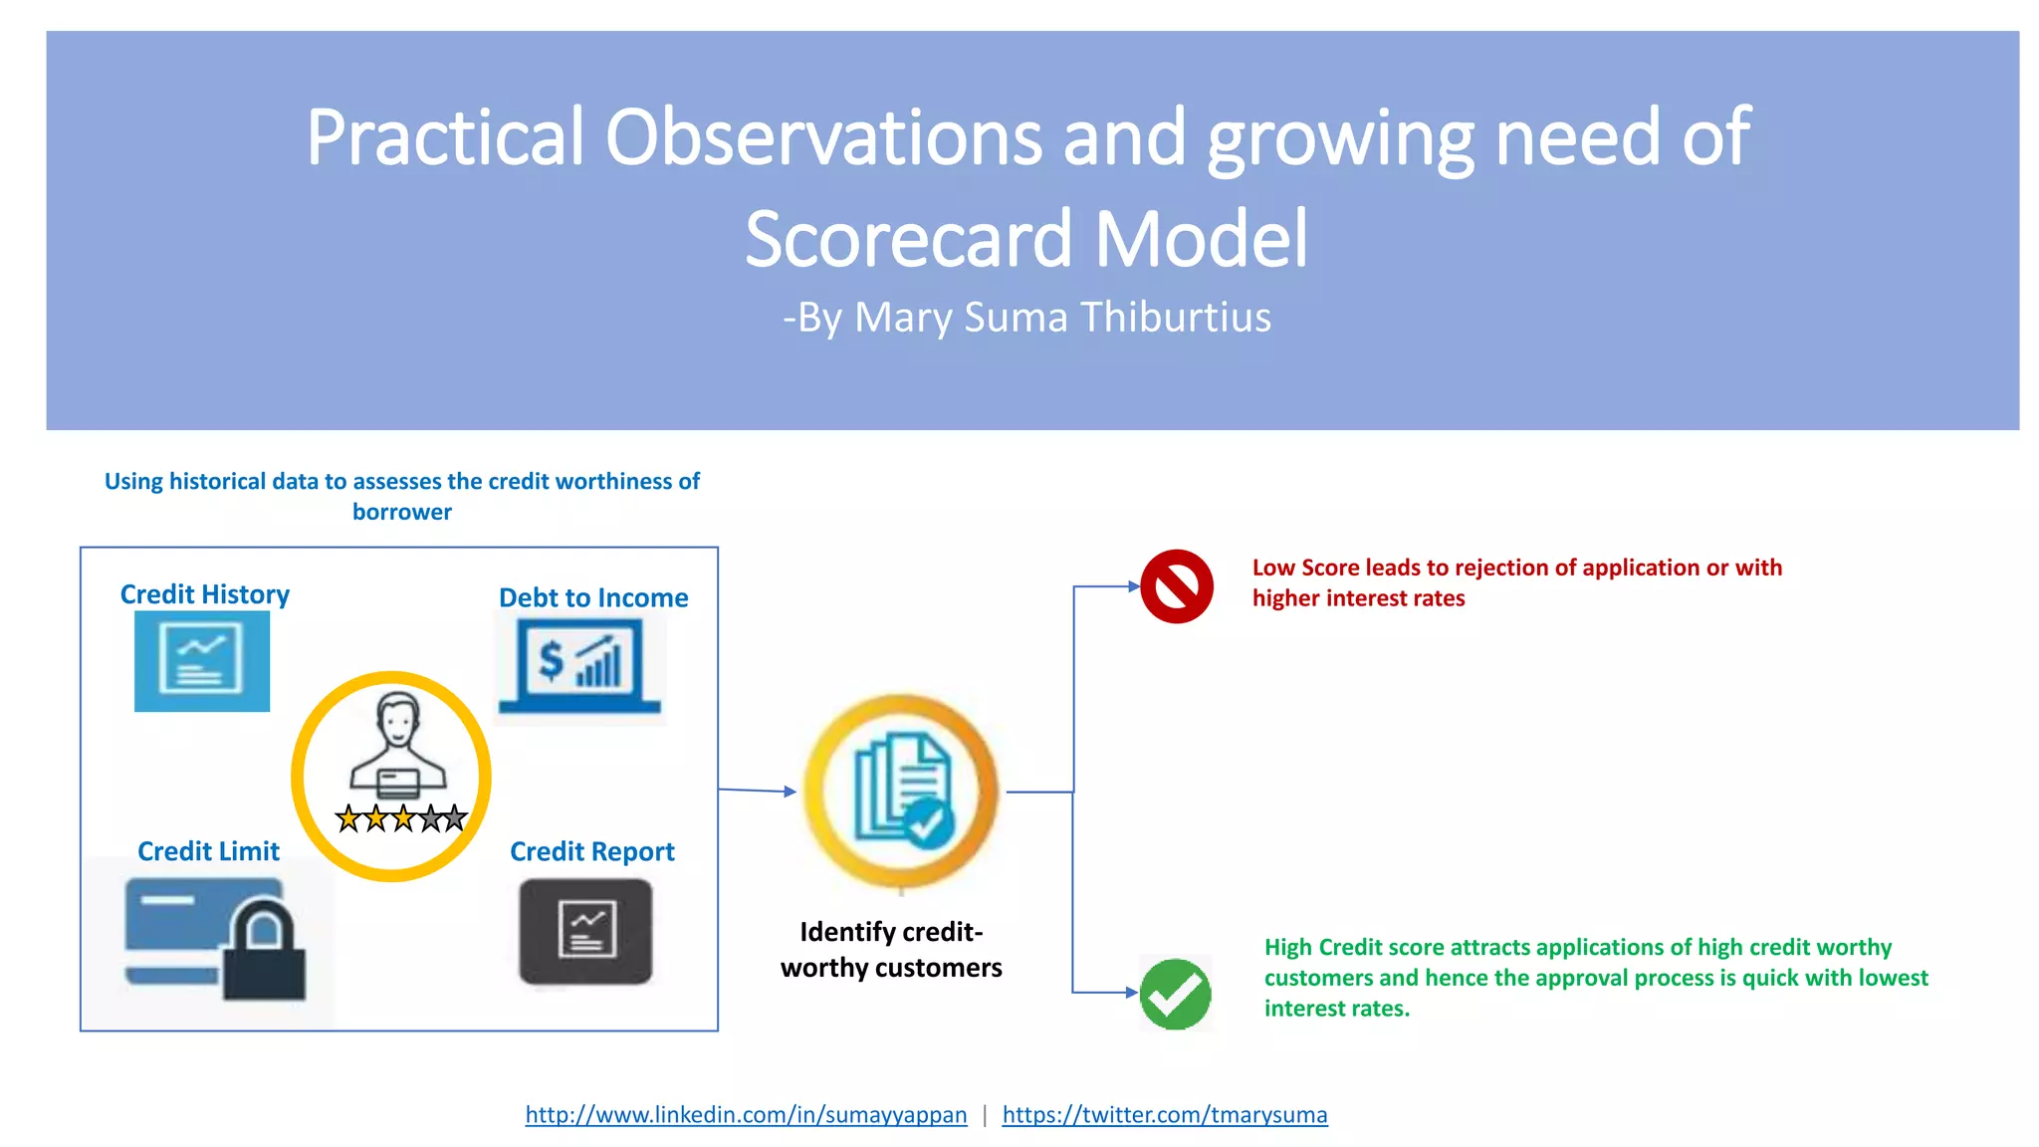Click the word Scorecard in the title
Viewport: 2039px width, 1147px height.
click(x=908, y=240)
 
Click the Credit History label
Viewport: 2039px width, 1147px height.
click(x=205, y=594)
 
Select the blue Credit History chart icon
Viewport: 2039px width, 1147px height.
click(x=202, y=661)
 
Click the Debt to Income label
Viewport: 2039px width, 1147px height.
click(x=593, y=597)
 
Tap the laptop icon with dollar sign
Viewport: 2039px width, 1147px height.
click(x=579, y=665)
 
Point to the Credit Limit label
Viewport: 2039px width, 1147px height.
click(x=208, y=851)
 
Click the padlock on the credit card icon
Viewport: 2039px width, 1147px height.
click(x=264, y=951)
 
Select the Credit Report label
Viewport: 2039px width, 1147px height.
click(x=591, y=851)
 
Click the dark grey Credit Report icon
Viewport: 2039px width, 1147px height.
click(x=585, y=931)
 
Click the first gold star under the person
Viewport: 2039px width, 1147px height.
click(x=348, y=819)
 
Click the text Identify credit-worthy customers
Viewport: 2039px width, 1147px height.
click(x=891, y=949)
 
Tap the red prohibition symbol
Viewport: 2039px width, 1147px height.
click(x=1176, y=586)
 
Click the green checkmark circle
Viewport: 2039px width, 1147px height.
click(x=1175, y=994)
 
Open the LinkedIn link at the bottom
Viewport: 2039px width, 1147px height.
click(x=746, y=1114)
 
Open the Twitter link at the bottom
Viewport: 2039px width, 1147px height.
click(x=1164, y=1114)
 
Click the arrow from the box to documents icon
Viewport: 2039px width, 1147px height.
click(x=757, y=791)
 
